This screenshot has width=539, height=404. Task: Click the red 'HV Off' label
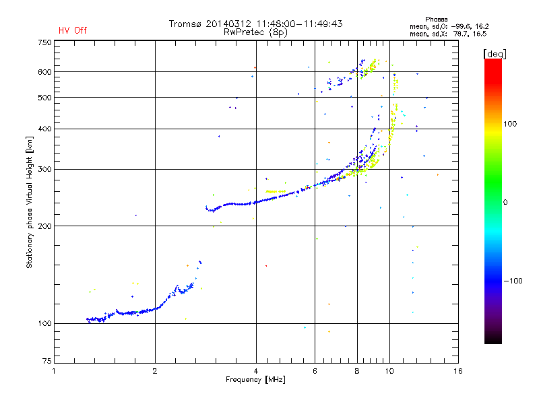point(72,30)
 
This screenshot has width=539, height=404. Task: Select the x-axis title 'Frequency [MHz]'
point(255,380)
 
